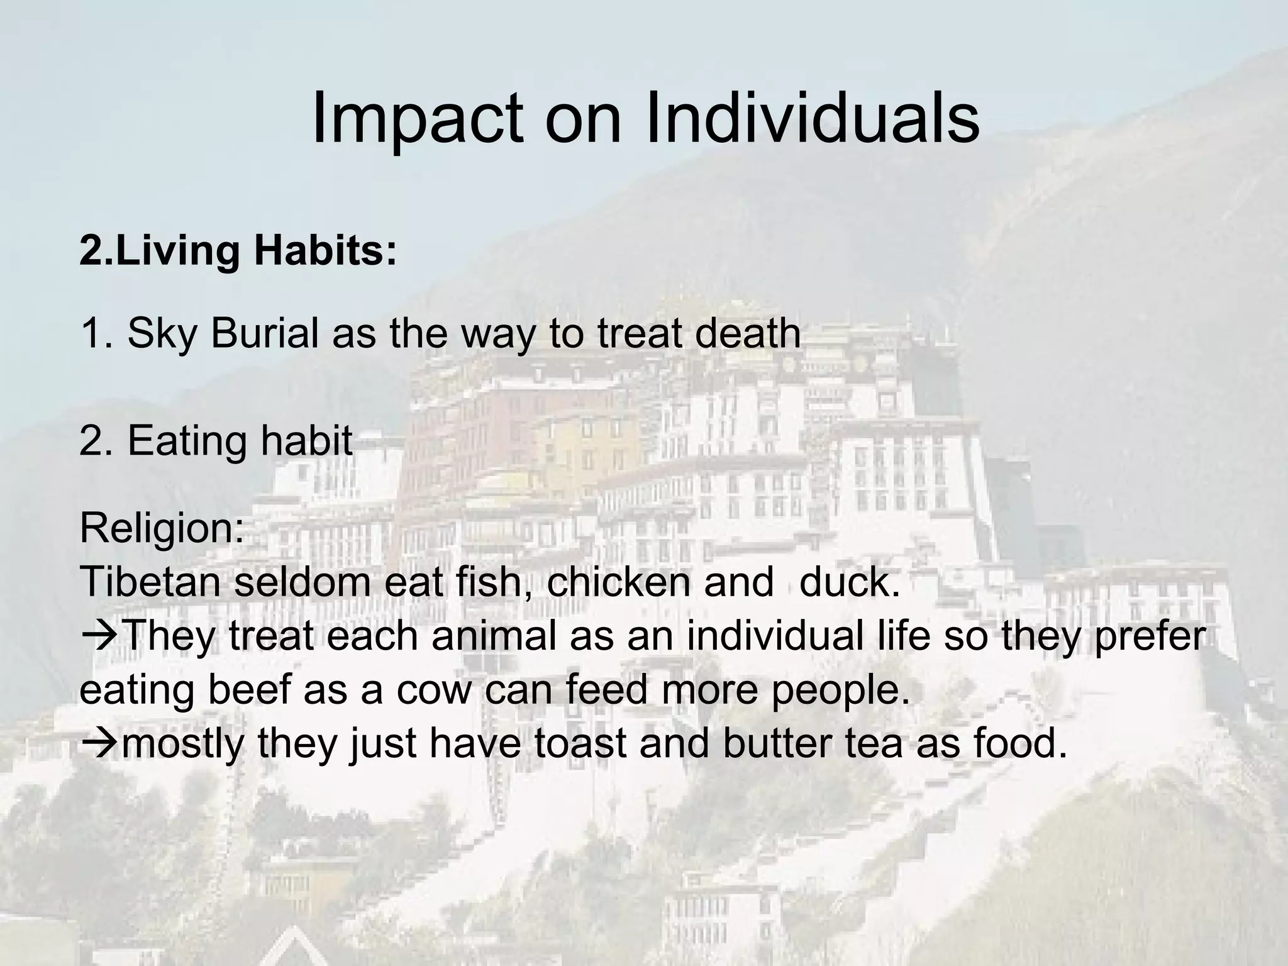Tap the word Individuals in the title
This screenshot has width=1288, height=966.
click(811, 118)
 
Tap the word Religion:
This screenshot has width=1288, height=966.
click(162, 529)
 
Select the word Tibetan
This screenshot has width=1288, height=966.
click(151, 582)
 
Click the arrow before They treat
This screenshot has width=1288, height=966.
click(98, 636)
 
